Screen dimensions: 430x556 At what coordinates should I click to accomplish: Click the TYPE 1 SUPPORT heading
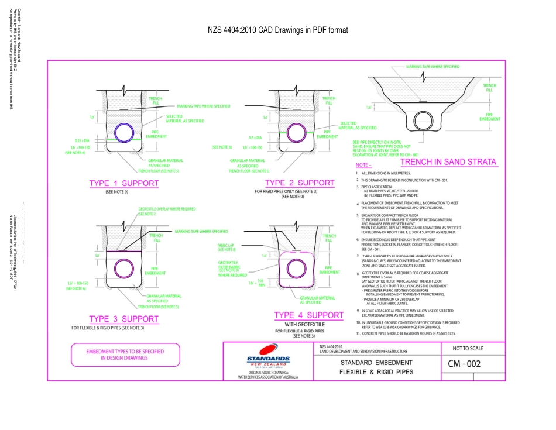click(123, 183)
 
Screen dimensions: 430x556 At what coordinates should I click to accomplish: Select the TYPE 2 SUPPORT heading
click(299, 183)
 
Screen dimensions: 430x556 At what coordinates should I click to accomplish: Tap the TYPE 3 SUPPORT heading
click(123, 319)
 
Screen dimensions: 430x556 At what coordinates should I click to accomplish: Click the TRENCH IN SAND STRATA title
click(448, 162)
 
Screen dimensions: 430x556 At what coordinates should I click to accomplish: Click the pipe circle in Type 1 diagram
click(123, 133)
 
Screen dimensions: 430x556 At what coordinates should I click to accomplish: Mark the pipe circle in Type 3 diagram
click(123, 268)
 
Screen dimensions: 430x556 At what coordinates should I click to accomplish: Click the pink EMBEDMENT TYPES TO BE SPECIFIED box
click(125, 355)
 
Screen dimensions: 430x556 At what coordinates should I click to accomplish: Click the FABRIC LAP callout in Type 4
click(226, 246)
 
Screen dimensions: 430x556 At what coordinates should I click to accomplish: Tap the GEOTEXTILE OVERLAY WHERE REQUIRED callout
click(167, 209)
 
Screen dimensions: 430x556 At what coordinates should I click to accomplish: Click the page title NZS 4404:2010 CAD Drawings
click(278, 30)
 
